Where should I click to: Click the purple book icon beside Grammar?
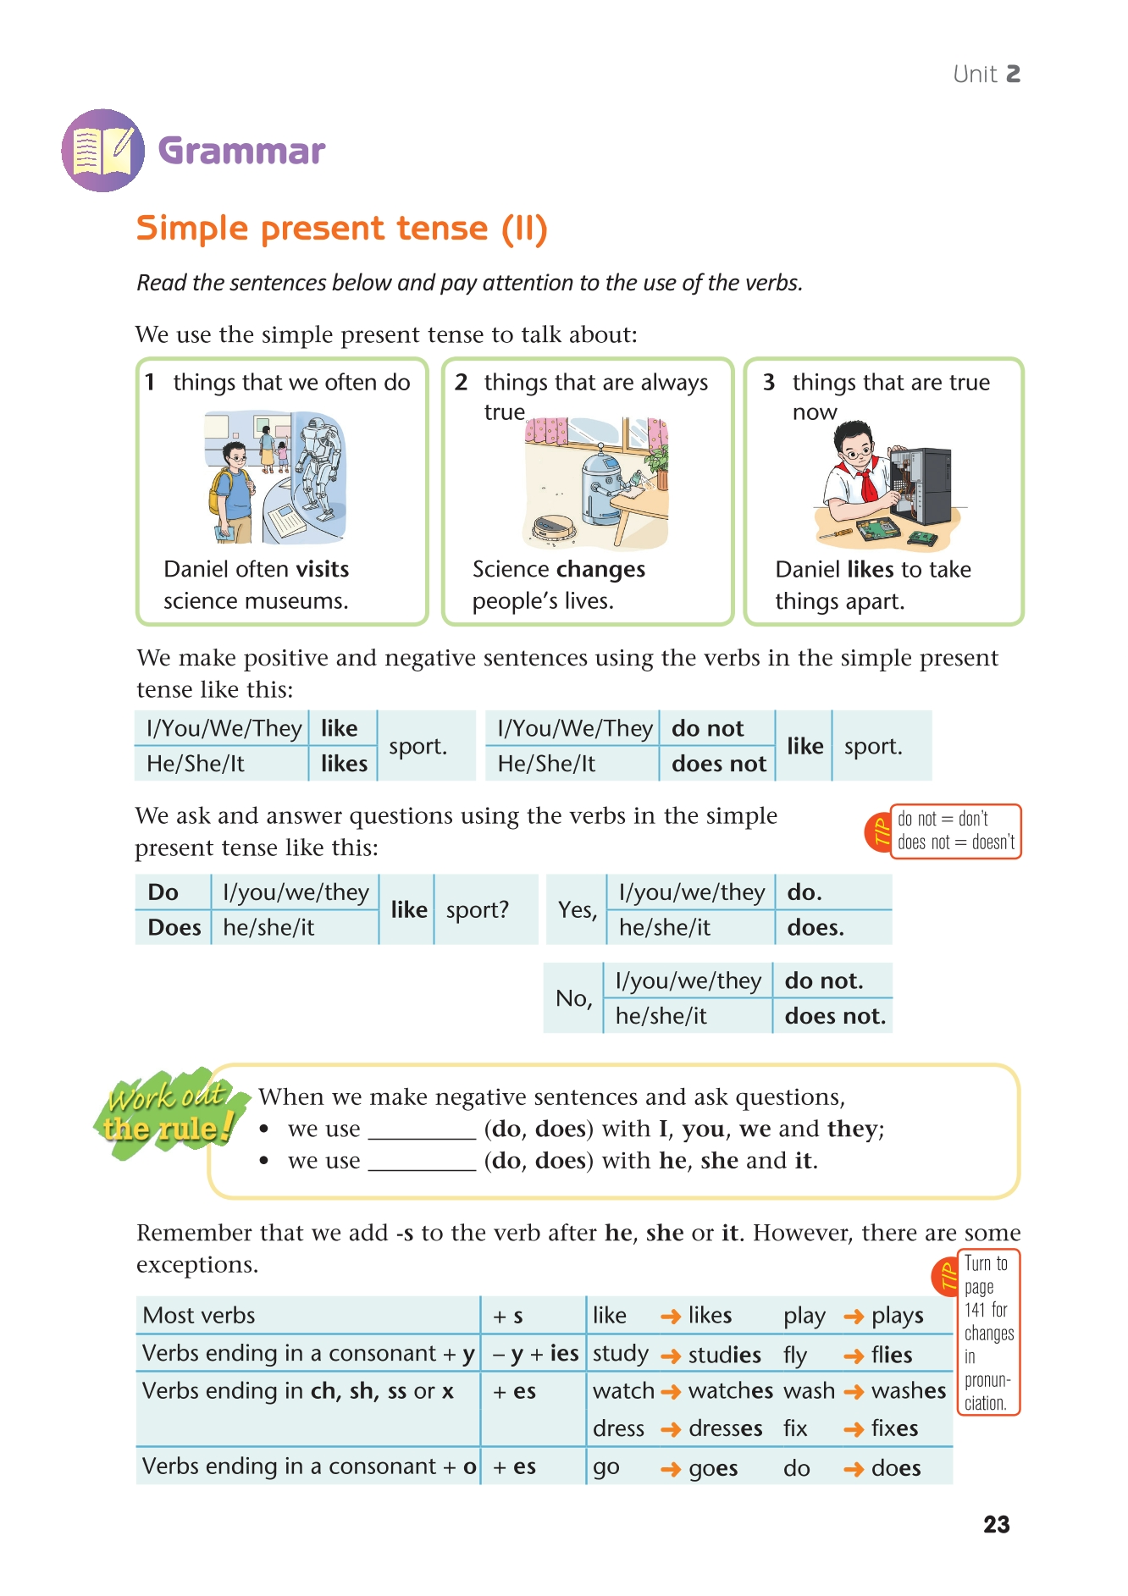pyautogui.click(x=102, y=151)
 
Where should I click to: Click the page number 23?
pyautogui.click(x=996, y=1525)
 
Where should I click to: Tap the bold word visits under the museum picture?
pyautogui.click(x=322, y=569)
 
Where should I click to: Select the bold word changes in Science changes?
pyautogui.click(x=605, y=570)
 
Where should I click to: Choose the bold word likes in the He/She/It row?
pyautogui.click(x=344, y=764)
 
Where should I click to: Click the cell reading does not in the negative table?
pyautogui.click(x=718, y=764)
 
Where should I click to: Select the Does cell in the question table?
pyautogui.click(x=174, y=928)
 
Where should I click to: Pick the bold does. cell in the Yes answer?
pyautogui.click(x=815, y=928)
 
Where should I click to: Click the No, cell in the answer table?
pyautogui.click(x=573, y=998)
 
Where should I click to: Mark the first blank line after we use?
pyautogui.click(x=423, y=1134)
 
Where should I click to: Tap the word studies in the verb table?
pyautogui.click(x=724, y=1356)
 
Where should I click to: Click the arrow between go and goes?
pyautogui.click(x=671, y=1469)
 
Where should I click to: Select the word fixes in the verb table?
pyautogui.click(x=894, y=1429)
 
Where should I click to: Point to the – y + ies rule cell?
pyautogui.click(x=535, y=1354)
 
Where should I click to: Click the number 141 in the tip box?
pyautogui.click(x=975, y=1310)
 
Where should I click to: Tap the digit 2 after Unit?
pyautogui.click(x=1013, y=75)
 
